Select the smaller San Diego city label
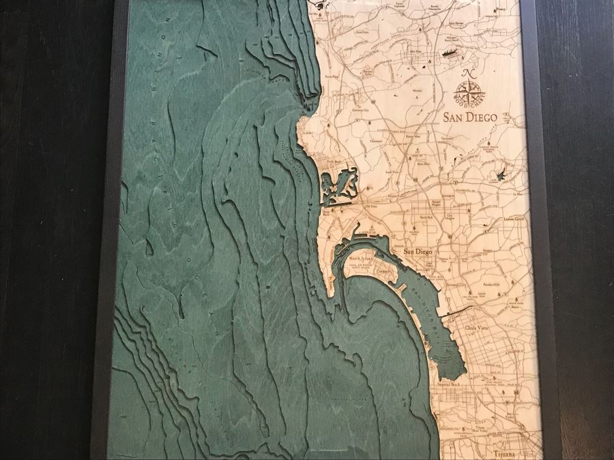click(x=418, y=254)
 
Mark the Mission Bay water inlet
click(x=336, y=185)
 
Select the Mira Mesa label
click(x=413, y=51)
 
